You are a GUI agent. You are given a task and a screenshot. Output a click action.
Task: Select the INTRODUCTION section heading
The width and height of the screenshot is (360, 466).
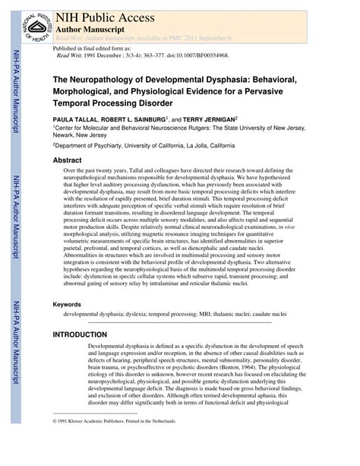pyautogui.click(x=80, y=334)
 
